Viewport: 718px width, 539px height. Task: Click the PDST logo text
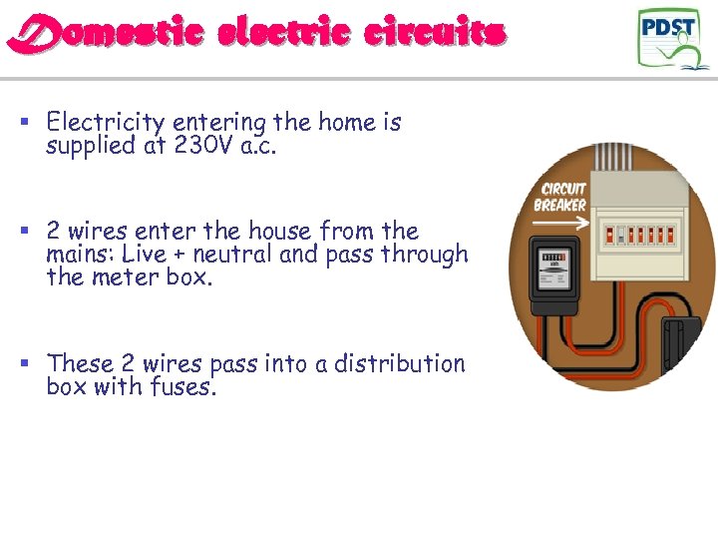[x=668, y=27]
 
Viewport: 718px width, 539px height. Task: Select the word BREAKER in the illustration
[x=559, y=206]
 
